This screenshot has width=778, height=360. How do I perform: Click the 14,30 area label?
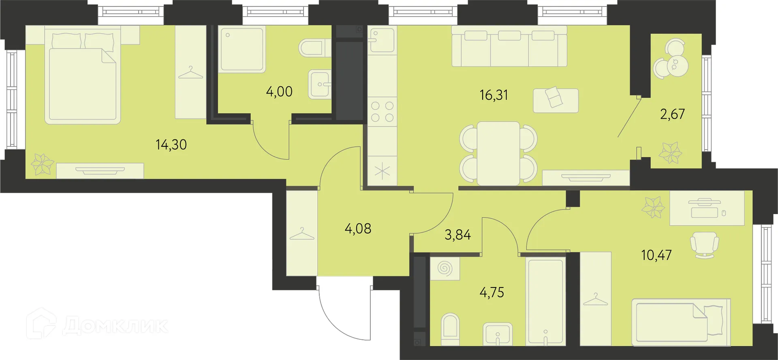[171, 145]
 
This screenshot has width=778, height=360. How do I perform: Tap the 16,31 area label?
[494, 95]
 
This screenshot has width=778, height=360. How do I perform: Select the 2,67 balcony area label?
[672, 114]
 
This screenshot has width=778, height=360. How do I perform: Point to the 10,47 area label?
[656, 255]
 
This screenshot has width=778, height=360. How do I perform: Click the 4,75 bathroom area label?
[492, 292]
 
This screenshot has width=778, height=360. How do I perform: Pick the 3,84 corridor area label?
[458, 235]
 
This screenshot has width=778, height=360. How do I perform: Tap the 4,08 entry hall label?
[358, 229]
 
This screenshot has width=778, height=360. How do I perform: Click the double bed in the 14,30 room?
[83, 76]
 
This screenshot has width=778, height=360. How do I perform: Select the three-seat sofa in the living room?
[509, 46]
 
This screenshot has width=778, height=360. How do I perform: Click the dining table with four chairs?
[498, 154]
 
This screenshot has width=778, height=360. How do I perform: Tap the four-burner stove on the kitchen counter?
[383, 111]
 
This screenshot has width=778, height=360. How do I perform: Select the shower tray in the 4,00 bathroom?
[242, 49]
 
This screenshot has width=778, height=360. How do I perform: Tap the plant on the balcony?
[670, 153]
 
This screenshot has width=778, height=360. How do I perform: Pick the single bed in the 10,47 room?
[681, 322]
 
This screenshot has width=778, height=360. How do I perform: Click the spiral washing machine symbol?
[445, 268]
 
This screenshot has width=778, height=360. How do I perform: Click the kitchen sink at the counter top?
[382, 40]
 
